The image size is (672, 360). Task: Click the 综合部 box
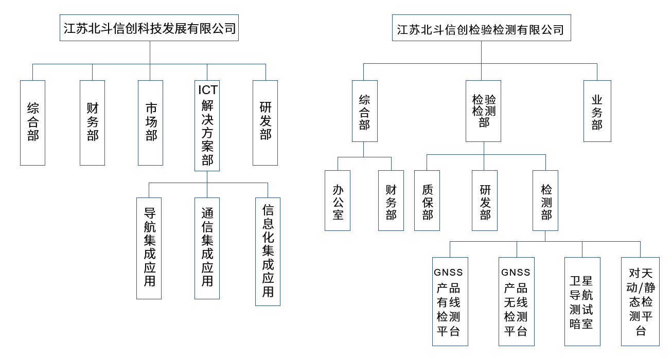pyautogui.click(x=33, y=122)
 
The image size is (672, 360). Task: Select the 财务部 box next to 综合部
pyautogui.click(x=92, y=122)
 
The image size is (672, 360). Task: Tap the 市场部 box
pyautogui.click(x=151, y=122)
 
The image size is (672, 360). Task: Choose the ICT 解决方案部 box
pyautogui.click(x=207, y=126)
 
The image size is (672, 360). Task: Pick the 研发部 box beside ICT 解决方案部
pyautogui.click(x=265, y=122)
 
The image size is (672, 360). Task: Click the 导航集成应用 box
pyautogui.click(x=149, y=248)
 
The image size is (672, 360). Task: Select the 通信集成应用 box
pyautogui.click(x=207, y=248)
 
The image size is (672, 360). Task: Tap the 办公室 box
pyautogui.click(x=338, y=201)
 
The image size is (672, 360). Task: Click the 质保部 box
pyautogui.click(x=427, y=201)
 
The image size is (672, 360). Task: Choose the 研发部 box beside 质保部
pyautogui.click(x=485, y=201)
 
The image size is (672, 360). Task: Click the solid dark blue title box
pyautogui.click(x=149, y=28)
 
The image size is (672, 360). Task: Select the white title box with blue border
pyautogui.click(x=481, y=28)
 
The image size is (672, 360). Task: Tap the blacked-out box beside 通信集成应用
pyautogui.click(x=268, y=251)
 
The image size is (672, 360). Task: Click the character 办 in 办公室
pyautogui.click(x=338, y=189)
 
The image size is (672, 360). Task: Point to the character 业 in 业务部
pyautogui.click(x=597, y=99)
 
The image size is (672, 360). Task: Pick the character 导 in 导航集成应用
pyautogui.click(x=149, y=213)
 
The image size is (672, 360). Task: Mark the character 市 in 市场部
pyautogui.click(x=151, y=109)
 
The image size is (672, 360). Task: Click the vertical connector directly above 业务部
pyautogui.click(x=597, y=71)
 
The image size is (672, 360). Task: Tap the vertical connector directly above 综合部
pyautogui.click(x=32, y=72)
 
